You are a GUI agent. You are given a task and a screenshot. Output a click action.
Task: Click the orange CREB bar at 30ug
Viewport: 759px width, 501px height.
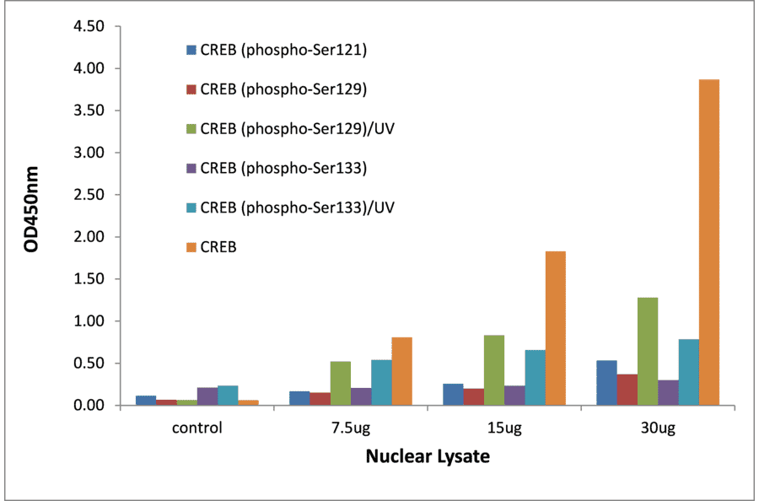point(708,243)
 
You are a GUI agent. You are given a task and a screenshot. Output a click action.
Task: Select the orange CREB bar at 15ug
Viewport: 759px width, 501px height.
point(555,329)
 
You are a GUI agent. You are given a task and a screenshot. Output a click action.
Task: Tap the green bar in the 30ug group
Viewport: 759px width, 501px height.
point(647,352)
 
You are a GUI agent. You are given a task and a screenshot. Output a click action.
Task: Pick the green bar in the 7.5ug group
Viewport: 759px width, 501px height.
point(340,384)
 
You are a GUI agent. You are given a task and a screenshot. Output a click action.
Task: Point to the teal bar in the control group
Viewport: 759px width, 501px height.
point(228,396)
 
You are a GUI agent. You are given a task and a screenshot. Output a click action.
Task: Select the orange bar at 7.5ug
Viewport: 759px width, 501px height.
point(401,372)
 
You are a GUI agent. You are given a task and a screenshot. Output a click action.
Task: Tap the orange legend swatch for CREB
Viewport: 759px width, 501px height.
point(191,247)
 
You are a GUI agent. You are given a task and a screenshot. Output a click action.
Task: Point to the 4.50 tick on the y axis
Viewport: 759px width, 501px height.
point(89,26)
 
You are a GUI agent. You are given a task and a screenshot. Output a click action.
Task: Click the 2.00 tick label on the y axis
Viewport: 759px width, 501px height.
point(89,237)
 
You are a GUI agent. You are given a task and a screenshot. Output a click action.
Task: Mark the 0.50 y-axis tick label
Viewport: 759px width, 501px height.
point(89,364)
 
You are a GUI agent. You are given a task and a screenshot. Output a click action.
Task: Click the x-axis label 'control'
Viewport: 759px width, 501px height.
point(196,428)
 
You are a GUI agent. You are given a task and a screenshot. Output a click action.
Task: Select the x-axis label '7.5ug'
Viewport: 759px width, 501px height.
point(350,428)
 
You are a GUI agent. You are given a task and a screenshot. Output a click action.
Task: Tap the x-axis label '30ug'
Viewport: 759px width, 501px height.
point(657,428)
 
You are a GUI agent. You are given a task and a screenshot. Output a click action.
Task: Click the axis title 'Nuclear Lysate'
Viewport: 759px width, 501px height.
point(428,457)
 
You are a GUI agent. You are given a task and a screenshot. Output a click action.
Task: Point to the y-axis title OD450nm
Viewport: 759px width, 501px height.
point(32,216)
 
